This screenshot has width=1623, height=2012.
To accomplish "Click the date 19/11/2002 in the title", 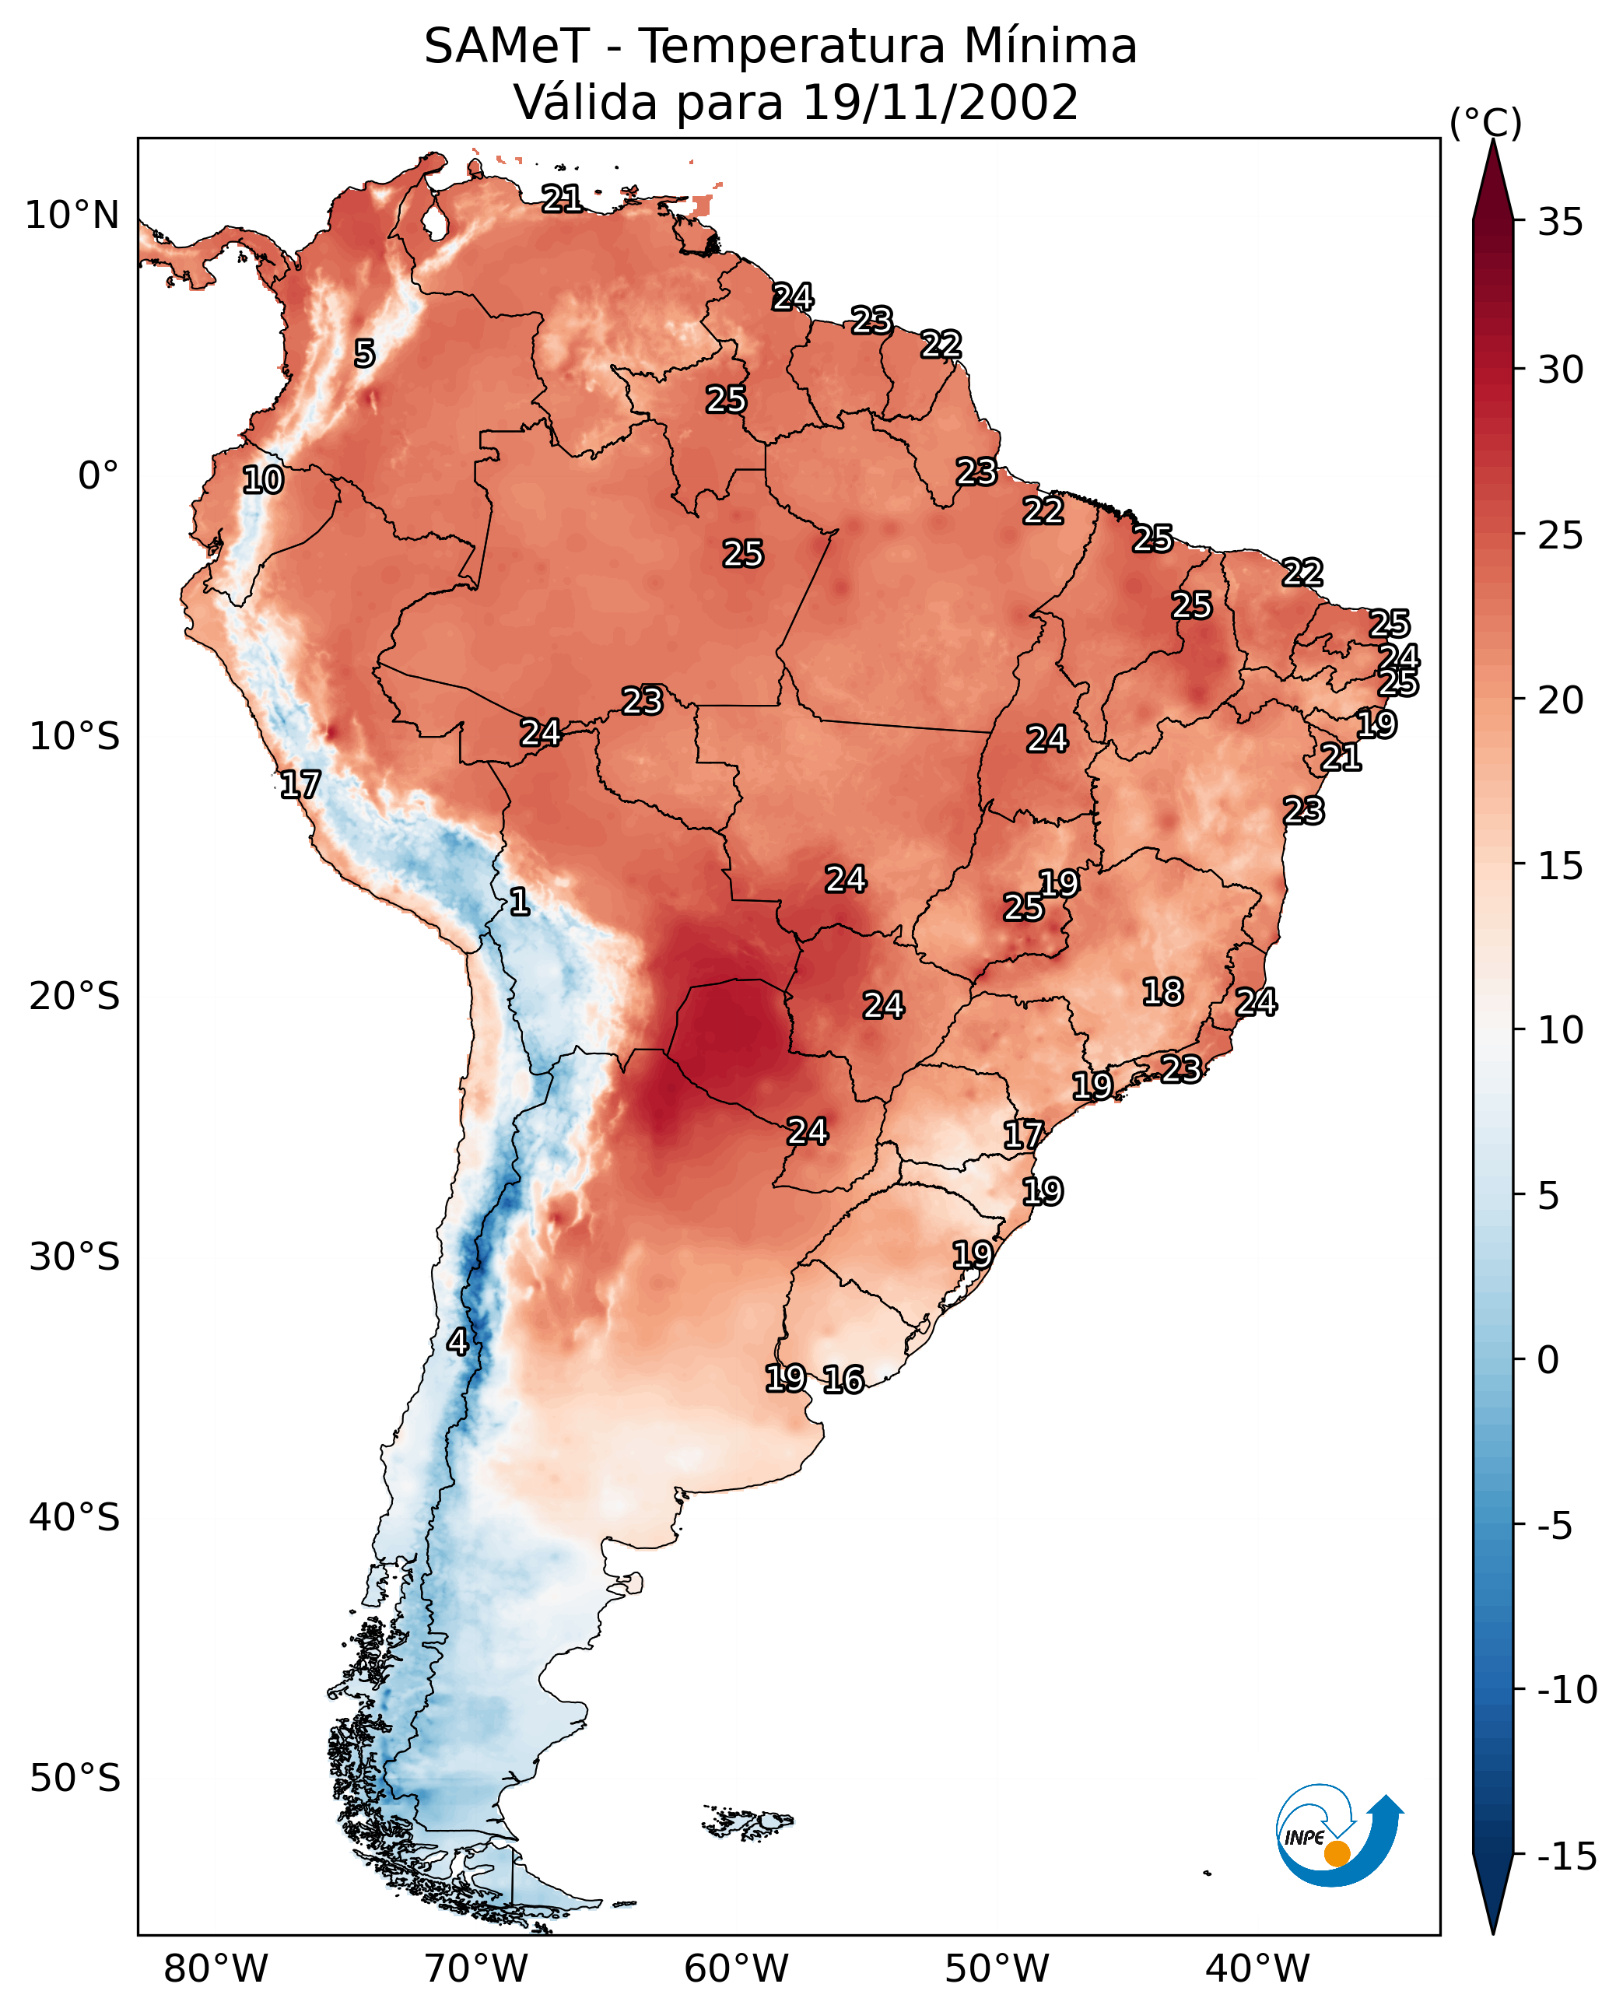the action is tap(941, 102).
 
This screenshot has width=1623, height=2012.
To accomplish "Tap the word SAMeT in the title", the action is tap(506, 46).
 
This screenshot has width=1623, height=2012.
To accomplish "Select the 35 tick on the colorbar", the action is tap(1560, 222).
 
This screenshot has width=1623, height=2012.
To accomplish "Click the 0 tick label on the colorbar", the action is tap(1548, 1359).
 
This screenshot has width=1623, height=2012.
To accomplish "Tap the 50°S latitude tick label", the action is tap(75, 1777).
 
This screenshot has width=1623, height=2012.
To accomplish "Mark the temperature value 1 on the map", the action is tap(520, 901).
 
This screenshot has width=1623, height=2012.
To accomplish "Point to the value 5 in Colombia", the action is tap(365, 353).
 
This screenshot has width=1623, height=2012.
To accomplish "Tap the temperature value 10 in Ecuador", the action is tap(263, 479).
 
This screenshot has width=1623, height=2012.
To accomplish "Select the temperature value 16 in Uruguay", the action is tap(843, 1379).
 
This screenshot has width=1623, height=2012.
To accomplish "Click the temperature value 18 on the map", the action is tap(1163, 991).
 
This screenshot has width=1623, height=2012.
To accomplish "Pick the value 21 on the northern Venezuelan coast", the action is tap(562, 198).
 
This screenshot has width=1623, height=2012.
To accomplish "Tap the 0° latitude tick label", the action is tap(98, 476).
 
